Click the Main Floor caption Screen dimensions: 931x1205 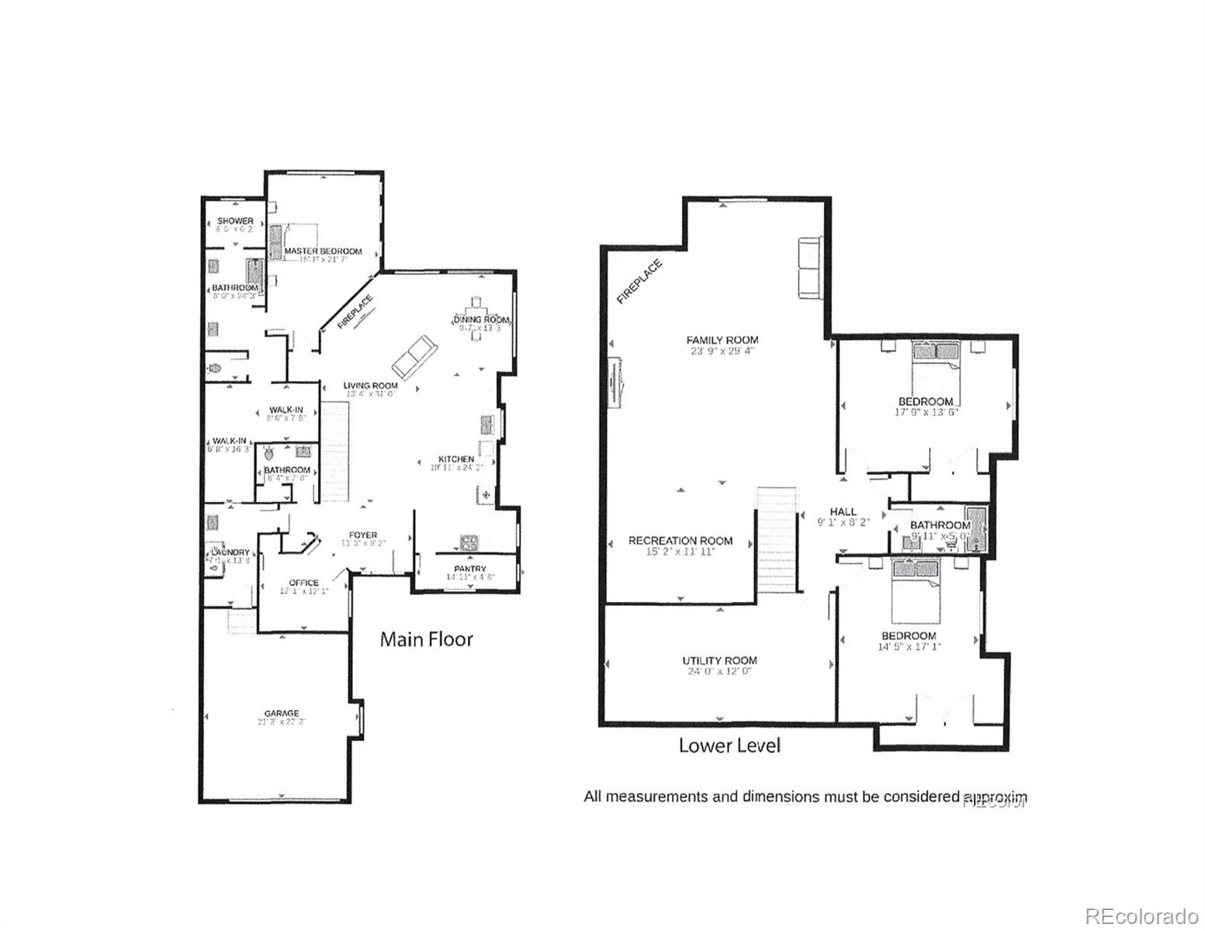(426, 639)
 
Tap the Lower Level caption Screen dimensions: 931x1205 (729, 746)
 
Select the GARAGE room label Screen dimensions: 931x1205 (281, 714)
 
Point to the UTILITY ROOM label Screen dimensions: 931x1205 (719, 661)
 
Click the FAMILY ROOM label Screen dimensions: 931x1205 (722, 340)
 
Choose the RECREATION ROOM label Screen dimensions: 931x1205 (680, 541)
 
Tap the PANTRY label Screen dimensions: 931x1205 (467, 569)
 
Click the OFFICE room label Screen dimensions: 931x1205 (303, 583)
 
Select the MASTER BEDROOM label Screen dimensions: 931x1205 (323, 251)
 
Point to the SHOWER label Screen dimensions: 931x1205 (234, 221)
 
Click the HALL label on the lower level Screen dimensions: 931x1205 (843, 512)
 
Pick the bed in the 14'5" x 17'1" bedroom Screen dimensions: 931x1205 (915, 590)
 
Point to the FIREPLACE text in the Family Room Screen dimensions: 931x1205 (640, 281)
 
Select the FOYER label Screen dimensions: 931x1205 (362, 535)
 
